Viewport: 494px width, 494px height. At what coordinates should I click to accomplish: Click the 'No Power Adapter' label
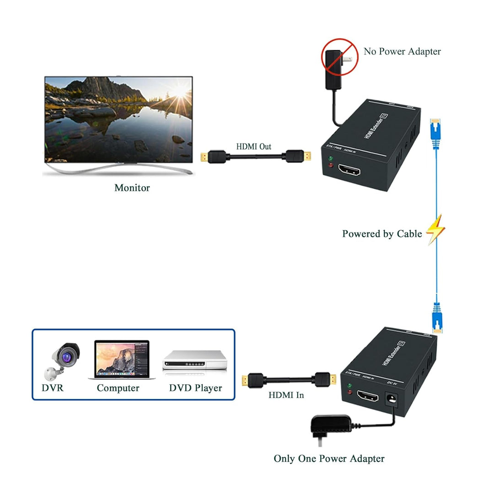click(x=402, y=51)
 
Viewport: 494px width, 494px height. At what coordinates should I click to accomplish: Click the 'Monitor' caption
click(x=132, y=188)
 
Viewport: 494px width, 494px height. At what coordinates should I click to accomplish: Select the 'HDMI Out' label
click(x=253, y=147)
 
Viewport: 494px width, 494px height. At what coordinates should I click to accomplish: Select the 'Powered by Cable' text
click(x=382, y=234)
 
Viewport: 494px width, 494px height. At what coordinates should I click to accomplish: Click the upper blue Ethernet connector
click(x=435, y=132)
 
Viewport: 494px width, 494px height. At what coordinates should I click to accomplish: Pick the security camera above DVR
click(x=63, y=360)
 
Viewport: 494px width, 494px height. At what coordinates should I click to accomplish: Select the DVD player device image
click(x=195, y=361)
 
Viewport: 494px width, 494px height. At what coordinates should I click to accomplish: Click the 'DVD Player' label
click(x=195, y=388)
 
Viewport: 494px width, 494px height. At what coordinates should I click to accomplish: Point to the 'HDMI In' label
click(x=286, y=395)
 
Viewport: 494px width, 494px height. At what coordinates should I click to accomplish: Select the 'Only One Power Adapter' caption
click(x=329, y=458)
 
